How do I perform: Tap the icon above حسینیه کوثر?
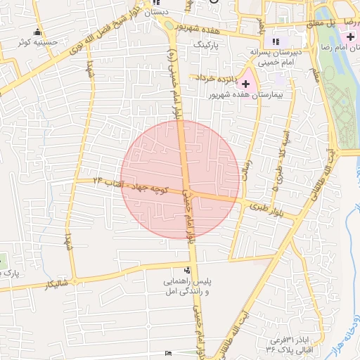[x=37, y=32]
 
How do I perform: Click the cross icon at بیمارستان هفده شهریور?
[x=245, y=84]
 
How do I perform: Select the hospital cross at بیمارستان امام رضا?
[x=350, y=36]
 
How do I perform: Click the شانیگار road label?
[x=56, y=283]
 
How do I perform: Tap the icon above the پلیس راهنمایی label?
[x=187, y=270]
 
